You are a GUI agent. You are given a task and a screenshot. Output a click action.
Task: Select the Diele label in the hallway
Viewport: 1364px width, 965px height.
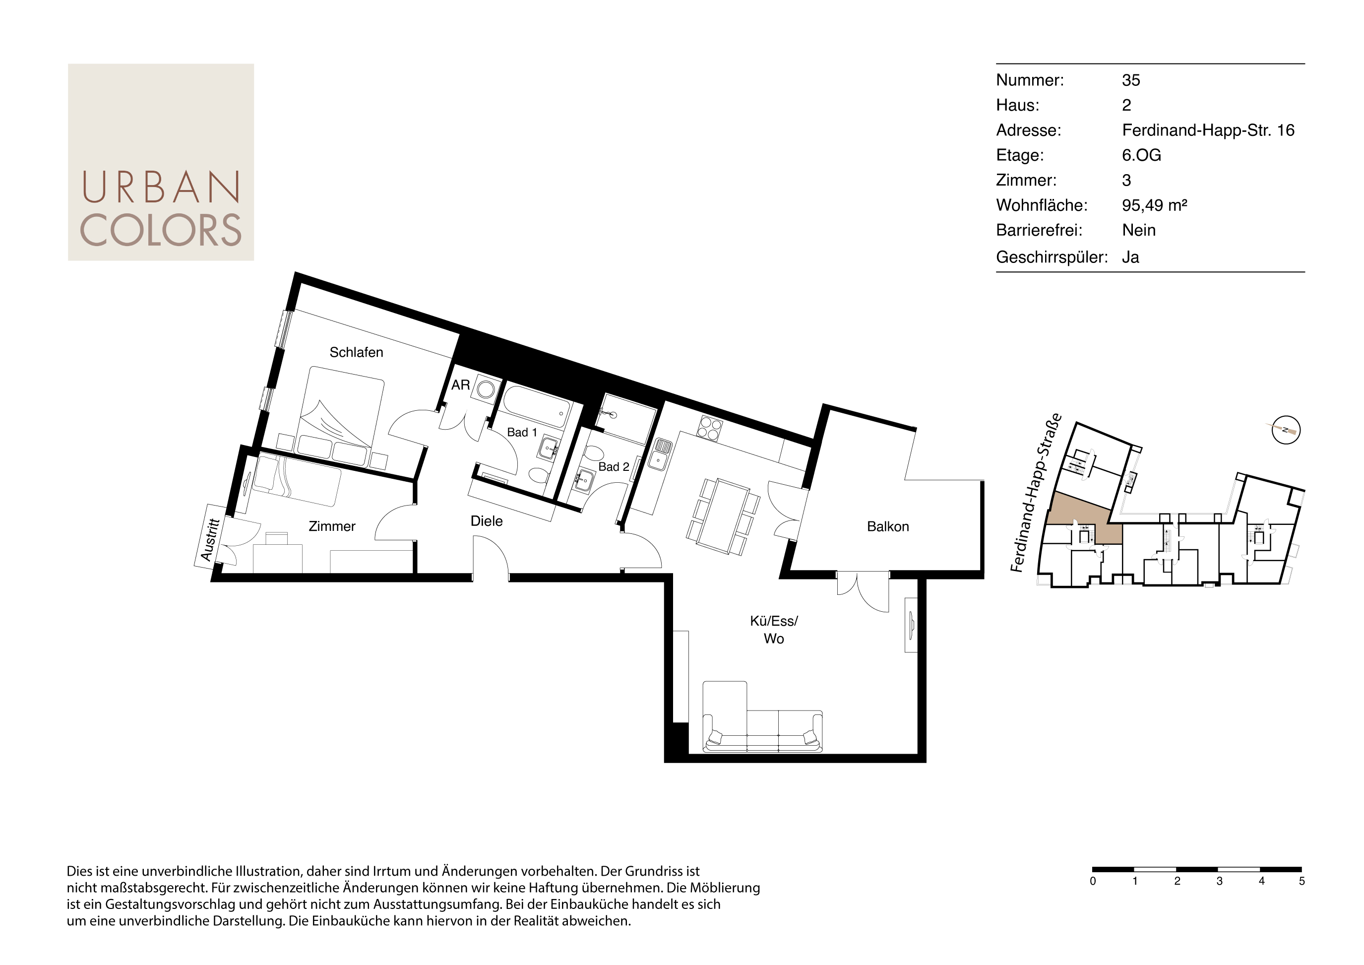[x=487, y=521]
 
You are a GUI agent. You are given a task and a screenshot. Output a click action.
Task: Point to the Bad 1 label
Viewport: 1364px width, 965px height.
[x=522, y=433]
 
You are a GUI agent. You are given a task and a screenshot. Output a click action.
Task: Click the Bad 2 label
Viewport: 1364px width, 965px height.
[x=614, y=467]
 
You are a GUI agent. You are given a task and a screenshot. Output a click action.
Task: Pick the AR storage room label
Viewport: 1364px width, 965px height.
[x=460, y=385]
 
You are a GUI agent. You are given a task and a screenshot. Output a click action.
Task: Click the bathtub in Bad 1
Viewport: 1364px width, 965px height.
[x=535, y=406]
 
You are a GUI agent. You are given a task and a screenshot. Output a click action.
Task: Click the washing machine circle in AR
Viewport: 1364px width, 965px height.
[x=486, y=390]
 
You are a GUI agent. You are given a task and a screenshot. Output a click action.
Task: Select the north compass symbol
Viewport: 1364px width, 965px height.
[x=1286, y=430]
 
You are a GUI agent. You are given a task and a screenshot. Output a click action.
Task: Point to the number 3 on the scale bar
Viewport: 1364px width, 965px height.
[x=1219, y=881]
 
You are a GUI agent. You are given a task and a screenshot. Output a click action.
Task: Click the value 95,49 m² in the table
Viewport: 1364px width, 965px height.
[x=1154, y=205]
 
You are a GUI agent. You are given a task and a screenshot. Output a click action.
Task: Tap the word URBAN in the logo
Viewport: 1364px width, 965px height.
[x=161, y=187]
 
